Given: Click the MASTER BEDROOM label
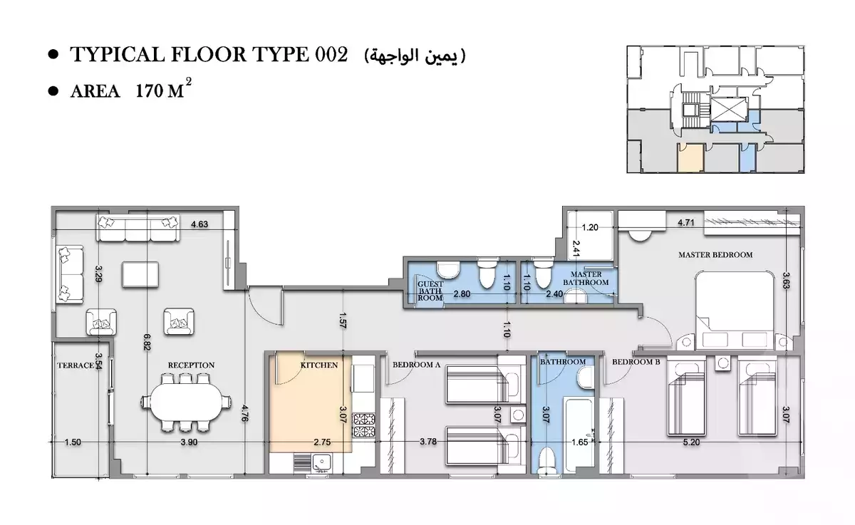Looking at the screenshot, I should pyautogui.click(x=715, y=254).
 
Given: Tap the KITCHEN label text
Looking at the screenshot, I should pyautogui.click(x=318, y=364).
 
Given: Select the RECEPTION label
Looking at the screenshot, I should pyautogui.click(x=191, y=365).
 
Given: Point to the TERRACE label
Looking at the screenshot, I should pyautogui.click(x=76, y=365).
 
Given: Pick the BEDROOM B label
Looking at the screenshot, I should pyautogui.click(x=636, y=362).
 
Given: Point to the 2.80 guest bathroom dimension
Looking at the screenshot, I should pyautogui.click(x=462, y=293).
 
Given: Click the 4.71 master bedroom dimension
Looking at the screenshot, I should pyautogui.click(x=685, y=223).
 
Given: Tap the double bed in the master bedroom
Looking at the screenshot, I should pyautogui.click(x=735, y=308).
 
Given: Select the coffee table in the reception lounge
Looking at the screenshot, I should pyautogui.click(x=137, y=274).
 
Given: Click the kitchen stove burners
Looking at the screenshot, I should pyautogui.click(x=365, y=427).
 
